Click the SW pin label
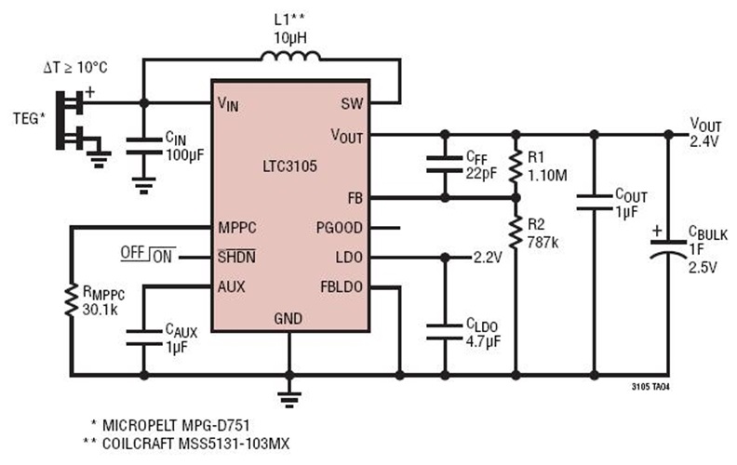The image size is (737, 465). [x=351, y=103]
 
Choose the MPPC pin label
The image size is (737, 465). [x=237, y=227]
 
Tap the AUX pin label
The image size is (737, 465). [x=231, y=286]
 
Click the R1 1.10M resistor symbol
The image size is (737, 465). [x=515, y=166]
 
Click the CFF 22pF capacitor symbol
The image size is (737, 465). [x=445, y=166]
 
